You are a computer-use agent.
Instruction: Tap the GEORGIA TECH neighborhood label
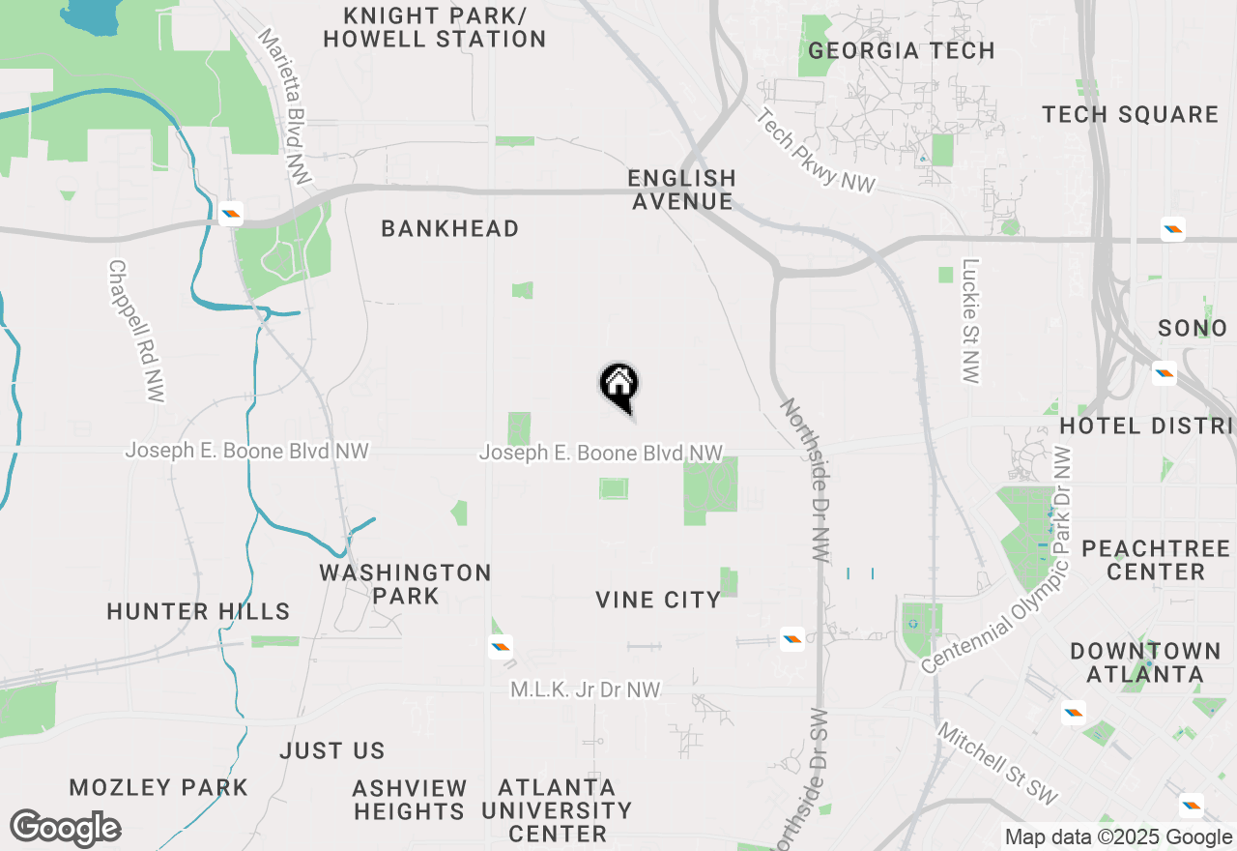pos(901,50)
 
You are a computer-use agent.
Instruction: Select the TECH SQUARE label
pos(1130,114)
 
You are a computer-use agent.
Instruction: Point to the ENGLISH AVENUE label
pos(681,190)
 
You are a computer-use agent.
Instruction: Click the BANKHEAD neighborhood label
pos(449,228)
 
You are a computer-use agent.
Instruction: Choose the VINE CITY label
pos(658,600)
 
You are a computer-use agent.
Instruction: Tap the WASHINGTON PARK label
pos(406,584)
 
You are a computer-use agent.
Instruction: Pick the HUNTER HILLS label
pos(198,611)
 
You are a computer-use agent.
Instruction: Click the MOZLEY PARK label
pos(158,787)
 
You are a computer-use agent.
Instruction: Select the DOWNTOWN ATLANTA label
pos(1145,662)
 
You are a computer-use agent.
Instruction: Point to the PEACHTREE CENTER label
pos(1156,560)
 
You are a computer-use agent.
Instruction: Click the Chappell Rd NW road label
pos(136,331)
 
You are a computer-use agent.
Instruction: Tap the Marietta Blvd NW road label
pos(286,106)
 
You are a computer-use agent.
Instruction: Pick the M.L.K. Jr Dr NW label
pos(586,690)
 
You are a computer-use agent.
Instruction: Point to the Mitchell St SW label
pos(997,764)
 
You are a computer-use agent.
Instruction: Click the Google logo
pos(66,828)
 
